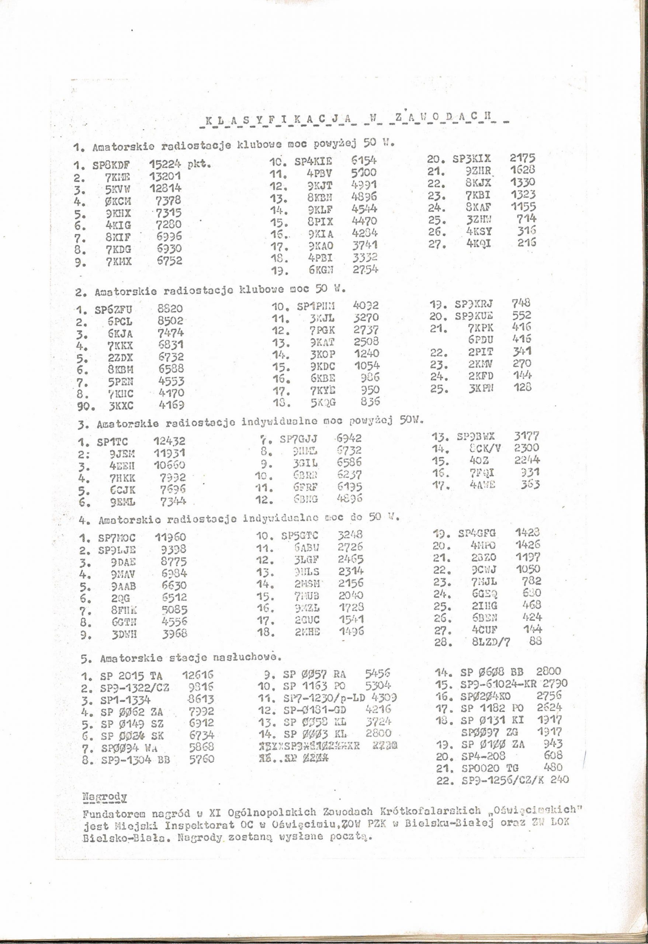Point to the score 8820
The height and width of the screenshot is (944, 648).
click(x=170, y=309)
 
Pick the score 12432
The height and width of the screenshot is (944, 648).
click(x=169, y=441)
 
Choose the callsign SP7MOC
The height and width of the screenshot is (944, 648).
click(x=117, y=538)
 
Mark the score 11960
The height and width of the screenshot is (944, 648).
click(x=171, y=537)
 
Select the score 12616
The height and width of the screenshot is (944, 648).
click(x=198, y=676)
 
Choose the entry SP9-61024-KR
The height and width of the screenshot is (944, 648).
click(x=500, y=684)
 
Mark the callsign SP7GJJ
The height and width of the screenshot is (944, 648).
click(x=299, y=439)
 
